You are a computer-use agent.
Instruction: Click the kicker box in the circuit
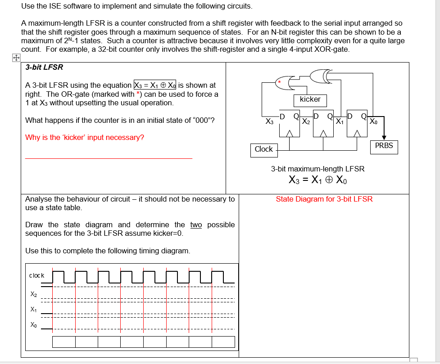click(x=310, y=99)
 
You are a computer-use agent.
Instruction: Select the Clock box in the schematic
click(x=263, y=149)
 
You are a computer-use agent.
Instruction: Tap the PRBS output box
click(x=384, y=146)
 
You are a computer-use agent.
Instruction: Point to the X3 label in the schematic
click(x=269, y=121)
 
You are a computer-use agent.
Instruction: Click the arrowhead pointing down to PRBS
click(x=384, y=137)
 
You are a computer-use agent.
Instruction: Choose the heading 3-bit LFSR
click(x=44, y=67)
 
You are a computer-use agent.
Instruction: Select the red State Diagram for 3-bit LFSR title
click(x=324, y=199)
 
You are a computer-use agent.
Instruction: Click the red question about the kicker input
click(x=85, y=137)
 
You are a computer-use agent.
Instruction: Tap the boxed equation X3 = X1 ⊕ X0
click(x=155, y=85)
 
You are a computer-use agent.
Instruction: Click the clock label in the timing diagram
click(x=36, y=275)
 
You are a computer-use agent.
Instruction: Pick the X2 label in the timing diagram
click(x=34, y=295)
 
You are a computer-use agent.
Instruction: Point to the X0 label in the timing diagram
click(x=34, y=324)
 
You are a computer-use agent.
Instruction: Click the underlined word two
click(x=196, y=225)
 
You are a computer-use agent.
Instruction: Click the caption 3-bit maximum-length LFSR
click(x=318, y=169)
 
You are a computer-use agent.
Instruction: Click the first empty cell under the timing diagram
click(x=64, y=342)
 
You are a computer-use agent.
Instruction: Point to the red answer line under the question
click(x=109, y=158)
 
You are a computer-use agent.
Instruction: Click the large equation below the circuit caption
click(x=318, y=180)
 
